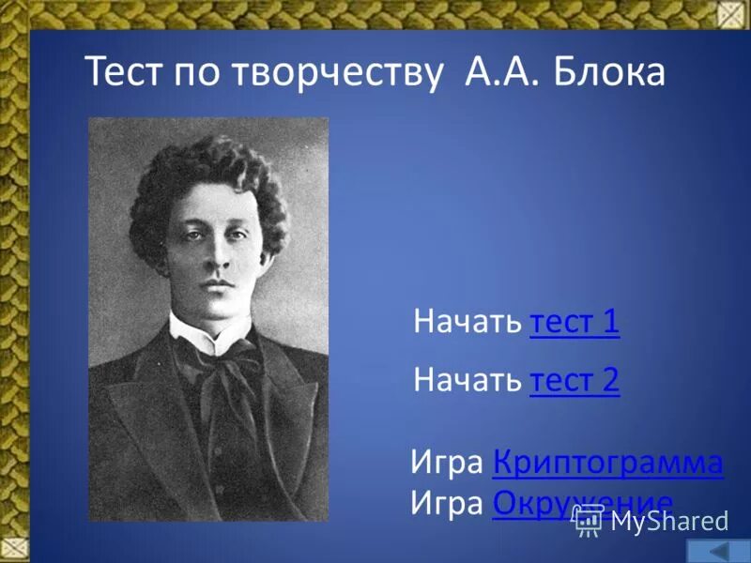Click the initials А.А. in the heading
click(500, 71)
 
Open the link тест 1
click(575, 322)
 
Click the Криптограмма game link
click(607, 463)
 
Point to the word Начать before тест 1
click(467, 322)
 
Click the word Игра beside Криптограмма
click(448, 463)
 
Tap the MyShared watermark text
click(668, 522)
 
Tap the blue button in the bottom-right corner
click(718, 551)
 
